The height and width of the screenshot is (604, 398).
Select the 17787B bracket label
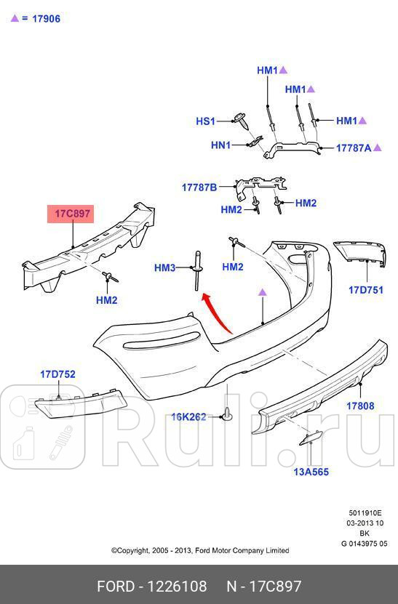(199, 188)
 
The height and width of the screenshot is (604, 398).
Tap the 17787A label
(354, 148)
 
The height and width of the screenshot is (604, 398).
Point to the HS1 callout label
(205, 121)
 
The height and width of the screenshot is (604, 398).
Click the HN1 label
(220, 145)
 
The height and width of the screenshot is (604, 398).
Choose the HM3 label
(164, 267)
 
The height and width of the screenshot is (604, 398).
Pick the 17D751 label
(365, 290)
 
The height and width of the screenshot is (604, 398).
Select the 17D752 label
(58, 374)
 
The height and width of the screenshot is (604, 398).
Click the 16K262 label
(188, 416)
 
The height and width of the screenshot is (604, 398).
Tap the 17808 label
(360, 406)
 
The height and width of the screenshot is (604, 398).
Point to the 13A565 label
(311, 472)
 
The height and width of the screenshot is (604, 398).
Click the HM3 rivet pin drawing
(198, 270)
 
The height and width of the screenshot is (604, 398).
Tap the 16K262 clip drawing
(227, 414)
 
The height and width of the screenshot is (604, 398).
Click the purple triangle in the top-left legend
(15, 17)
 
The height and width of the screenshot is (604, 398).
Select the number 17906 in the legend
(47, 18)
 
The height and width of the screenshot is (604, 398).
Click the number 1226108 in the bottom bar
(178, 587)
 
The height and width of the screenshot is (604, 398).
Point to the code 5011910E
(365, 512)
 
